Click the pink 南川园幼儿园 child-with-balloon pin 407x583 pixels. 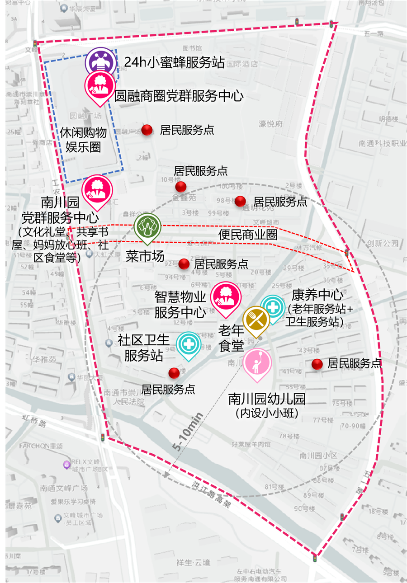(x=257, y=363)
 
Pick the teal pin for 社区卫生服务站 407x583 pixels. (x=189, y=344)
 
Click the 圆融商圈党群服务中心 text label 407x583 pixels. (x=179, y=96)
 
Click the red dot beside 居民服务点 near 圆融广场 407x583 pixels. (x=147, y=130)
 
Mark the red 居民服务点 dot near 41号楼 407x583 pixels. (x=317, y=364)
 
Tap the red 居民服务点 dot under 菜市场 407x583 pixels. (x=184, y=264)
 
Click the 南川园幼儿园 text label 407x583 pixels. (x=267, y=399)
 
